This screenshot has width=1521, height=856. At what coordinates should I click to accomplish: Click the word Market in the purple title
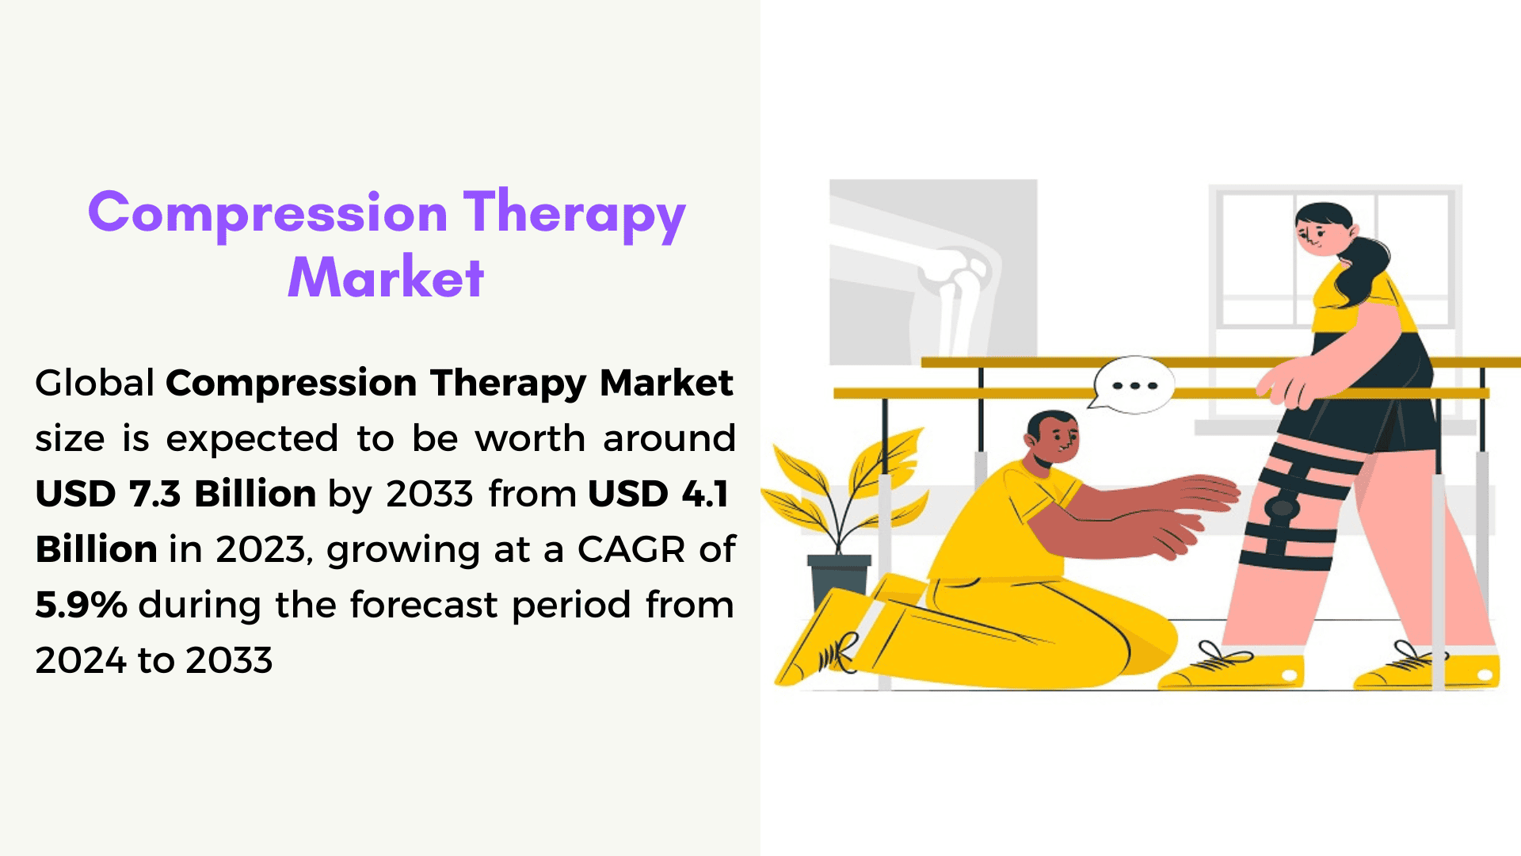click(386, 277)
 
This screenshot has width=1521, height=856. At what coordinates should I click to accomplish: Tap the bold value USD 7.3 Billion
click(176, 494)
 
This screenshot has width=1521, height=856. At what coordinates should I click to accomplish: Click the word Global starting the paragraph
click(94, 383)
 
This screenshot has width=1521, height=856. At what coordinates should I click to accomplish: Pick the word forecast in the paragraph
click(424, 605)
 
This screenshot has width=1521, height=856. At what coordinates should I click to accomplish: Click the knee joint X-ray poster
click(933, 272)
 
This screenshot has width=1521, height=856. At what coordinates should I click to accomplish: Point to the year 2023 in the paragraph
click(260, 549)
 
